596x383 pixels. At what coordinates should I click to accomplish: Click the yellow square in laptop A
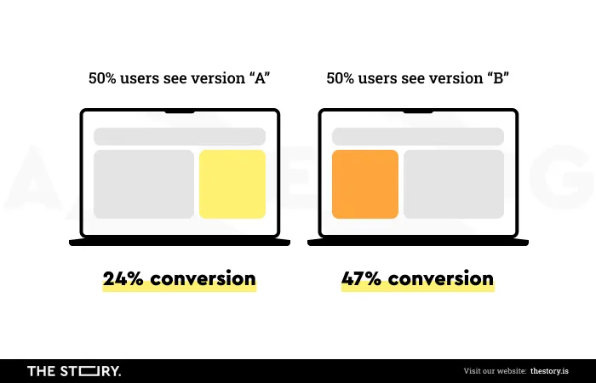[x=232, y=185]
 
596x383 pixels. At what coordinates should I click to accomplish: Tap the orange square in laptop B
[x=365, y=185]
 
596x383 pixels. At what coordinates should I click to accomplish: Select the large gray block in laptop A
[x=144, y=185]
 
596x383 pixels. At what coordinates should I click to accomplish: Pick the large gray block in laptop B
[x=454, y=185]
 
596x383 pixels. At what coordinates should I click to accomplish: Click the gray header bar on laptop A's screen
[x=180, y=136]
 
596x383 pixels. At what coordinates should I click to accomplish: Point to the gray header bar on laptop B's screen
[x=418, y=136]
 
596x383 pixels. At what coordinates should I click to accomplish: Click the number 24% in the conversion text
[x=123, y=278]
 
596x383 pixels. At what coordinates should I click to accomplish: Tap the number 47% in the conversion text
[x=362, y=278]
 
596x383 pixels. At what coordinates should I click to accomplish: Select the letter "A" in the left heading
[x=260, y=78]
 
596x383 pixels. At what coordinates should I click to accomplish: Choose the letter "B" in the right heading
[x=498, y=78]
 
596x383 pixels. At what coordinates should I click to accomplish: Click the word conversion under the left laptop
[x=203, y=278]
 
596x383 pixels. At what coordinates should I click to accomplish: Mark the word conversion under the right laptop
[x=441, y=278]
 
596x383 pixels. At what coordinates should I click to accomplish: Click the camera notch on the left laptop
[x=180, y=111]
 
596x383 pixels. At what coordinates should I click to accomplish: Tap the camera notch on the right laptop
[x=418, y=111]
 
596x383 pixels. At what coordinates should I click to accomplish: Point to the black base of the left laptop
[x=180, y=242]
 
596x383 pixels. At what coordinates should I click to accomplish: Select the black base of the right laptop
[x=418, y=242]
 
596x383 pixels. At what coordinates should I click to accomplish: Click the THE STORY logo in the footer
[x=74, y=371]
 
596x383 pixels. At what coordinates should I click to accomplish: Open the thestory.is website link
[x=550, y=371]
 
